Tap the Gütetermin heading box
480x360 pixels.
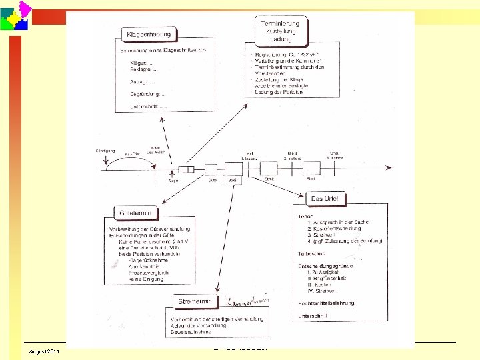pyautogui.click(x=138, y=213)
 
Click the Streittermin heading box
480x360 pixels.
pyautogui.click(x=194, y=301)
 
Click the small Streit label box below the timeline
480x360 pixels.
pyautogui.click(x=270, y=179)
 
